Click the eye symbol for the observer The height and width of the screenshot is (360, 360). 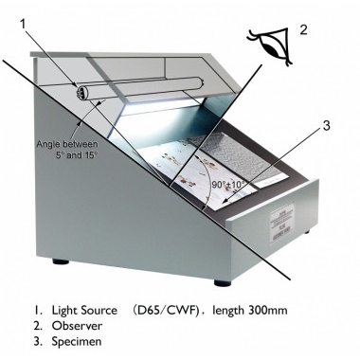pyautogui.click(x=272, y=46)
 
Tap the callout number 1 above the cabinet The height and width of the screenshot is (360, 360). pyautogui.click(x=23, y=25)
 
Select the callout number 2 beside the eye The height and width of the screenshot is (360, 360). pyautogui.click(x=303, y=29)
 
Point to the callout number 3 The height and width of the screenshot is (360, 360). pyautogui.click(x=326, y=125)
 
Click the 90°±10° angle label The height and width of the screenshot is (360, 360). pyautogui.click(x=228, y=185)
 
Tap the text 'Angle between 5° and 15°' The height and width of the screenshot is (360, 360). pyautogui.click(x=67, y=150)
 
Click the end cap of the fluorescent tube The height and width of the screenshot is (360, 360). pyautogui.click(x=80, y=93)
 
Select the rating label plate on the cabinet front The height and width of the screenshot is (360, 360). pyautogui.click(x=282, y=223)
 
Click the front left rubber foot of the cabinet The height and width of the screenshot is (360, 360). pyautogui.click(x=61, y=261)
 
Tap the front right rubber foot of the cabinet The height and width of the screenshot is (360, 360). pyautogui.click(x=223, y=282)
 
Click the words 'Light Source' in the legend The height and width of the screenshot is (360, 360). pyautogui.click(x=84, y=310)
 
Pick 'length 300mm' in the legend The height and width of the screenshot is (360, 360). pyautogui.click(x=250, y=310)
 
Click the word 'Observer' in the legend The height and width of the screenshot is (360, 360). pyautogui.click(x=77, y=326)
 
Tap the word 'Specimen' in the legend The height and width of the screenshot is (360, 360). pyautogui.click(x=77, y=342)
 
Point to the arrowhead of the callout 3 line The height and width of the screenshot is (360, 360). pyautogui.click(x=224, y=201)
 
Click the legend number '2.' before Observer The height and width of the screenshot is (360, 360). pyautogui.click(x=38, y=326)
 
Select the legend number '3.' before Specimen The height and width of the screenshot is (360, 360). pyautogui.click(x=38, y=342)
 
